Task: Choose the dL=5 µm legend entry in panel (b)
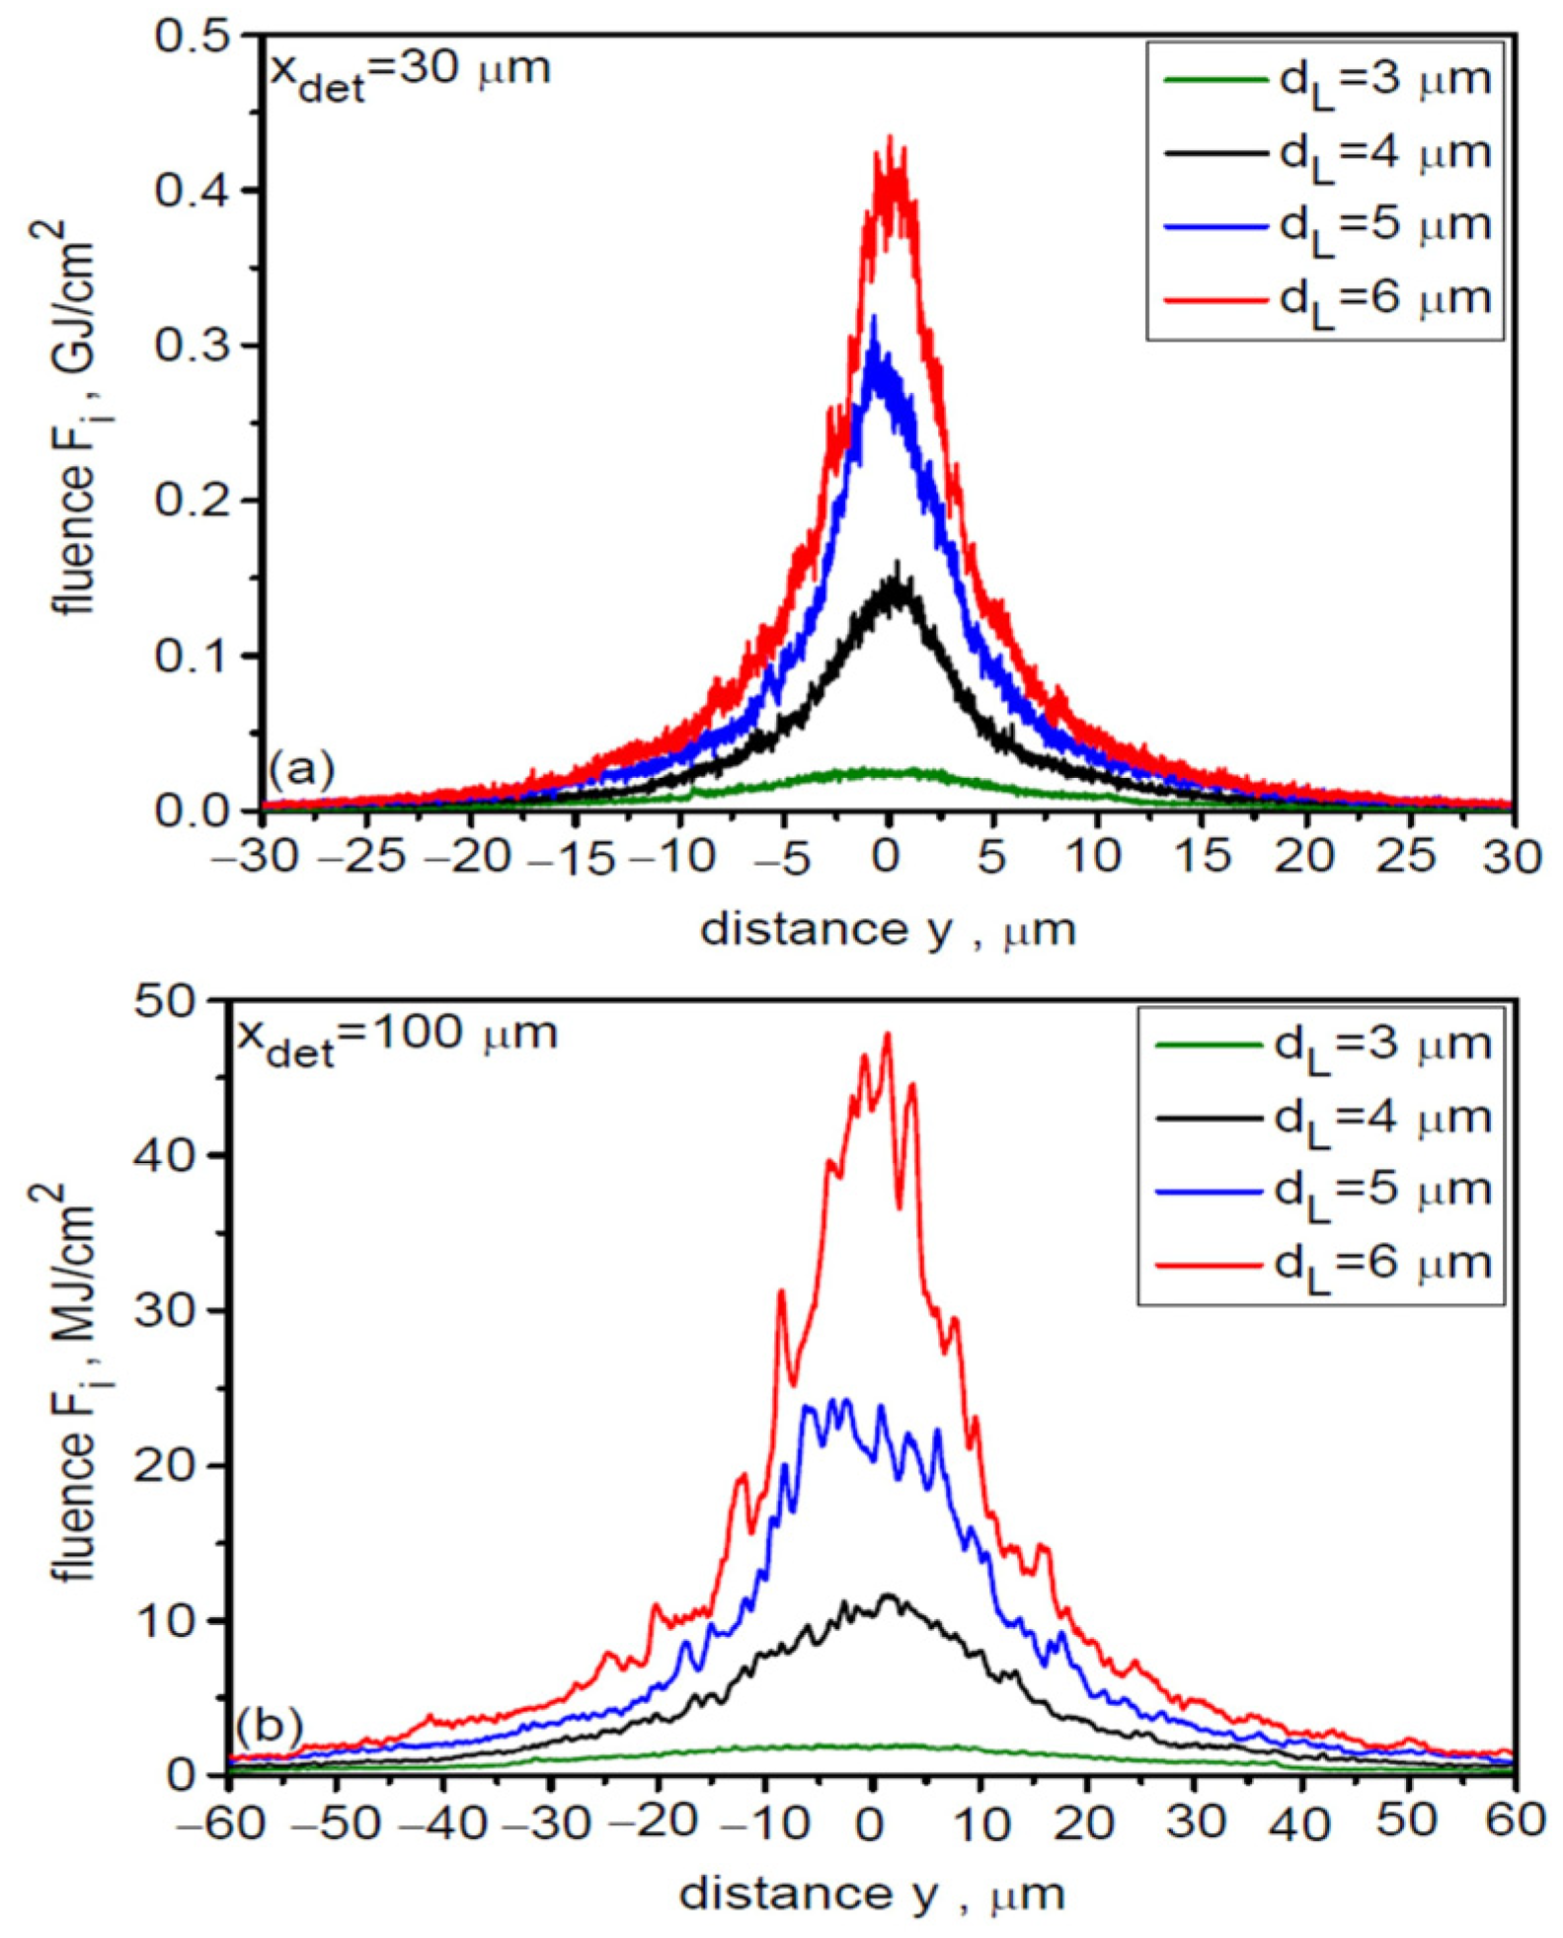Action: click(1323, 1192)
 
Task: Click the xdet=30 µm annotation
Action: click(410, 73)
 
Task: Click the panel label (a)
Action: click(302, 768)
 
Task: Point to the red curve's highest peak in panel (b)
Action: click(887, 1034)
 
